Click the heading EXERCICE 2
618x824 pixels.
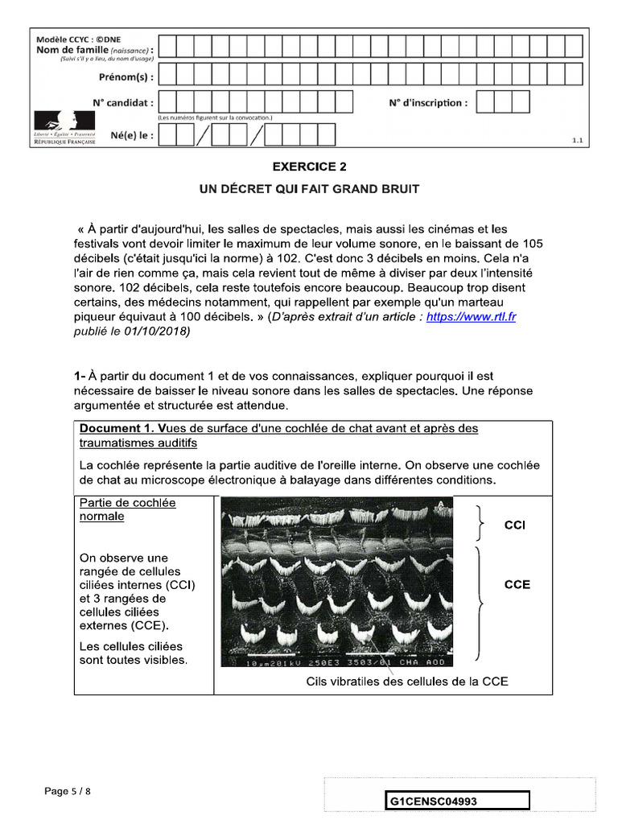tap(309, 167)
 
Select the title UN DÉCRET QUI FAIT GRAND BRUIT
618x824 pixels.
tap(309, 189)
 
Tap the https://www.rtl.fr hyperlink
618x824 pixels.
tap(471, 317)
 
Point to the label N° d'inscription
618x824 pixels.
tap(426, 103)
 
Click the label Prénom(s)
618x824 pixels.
tap(126, 77)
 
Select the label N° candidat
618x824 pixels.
tap(122, 103)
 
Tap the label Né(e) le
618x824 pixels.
tap(132, 136)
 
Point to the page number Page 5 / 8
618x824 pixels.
tap(68, 791)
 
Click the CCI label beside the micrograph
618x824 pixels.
tap(515, 525)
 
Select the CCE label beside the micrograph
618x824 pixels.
tap(517, 584)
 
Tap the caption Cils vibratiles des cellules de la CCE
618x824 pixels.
tap(407, 682)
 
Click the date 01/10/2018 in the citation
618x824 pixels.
tap(164, 332)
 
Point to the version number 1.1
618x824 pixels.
tap(577, 141)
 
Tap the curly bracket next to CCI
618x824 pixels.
tap(480, 525)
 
